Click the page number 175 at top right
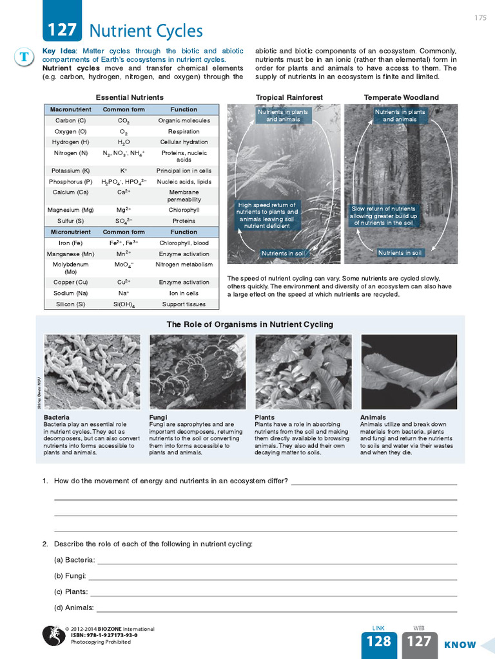click(480, 17)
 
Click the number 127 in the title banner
click(61, 30)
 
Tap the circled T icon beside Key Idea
click(23, 57)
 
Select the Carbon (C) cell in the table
click(70, 120)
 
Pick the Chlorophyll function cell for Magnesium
click(184, 210)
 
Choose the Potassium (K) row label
click(70, 171)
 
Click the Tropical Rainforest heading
click(289, 98)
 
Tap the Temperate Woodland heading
click(401, 98)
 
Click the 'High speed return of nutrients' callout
click(267, 216)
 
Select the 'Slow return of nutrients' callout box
click(383, 216)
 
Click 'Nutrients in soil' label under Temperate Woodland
click(400, 253)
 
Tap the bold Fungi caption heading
click(158, 417)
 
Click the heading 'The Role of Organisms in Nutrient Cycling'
click(250, 324)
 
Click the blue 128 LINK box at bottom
click(379, 641)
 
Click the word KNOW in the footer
click(460, 644)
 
